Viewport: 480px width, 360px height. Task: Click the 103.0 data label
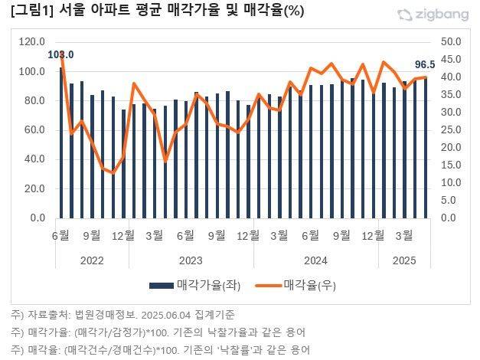(60, 54)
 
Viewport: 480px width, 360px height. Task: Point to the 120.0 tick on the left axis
(32, 42)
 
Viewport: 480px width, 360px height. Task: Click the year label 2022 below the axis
(92, 260)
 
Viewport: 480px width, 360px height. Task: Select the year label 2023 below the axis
(188, 260)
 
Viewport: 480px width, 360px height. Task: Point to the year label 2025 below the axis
(405, 260)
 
